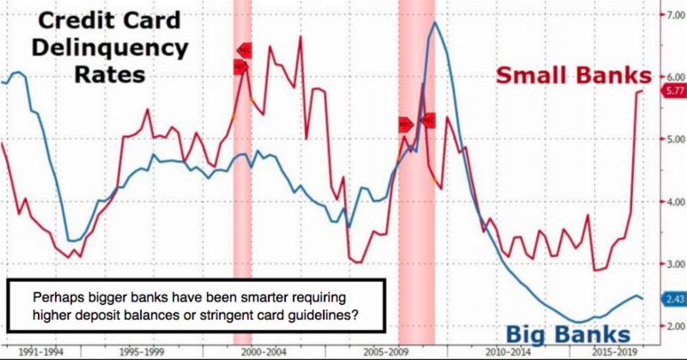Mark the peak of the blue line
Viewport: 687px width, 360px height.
pyautogui.click(x=435, y=22)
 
